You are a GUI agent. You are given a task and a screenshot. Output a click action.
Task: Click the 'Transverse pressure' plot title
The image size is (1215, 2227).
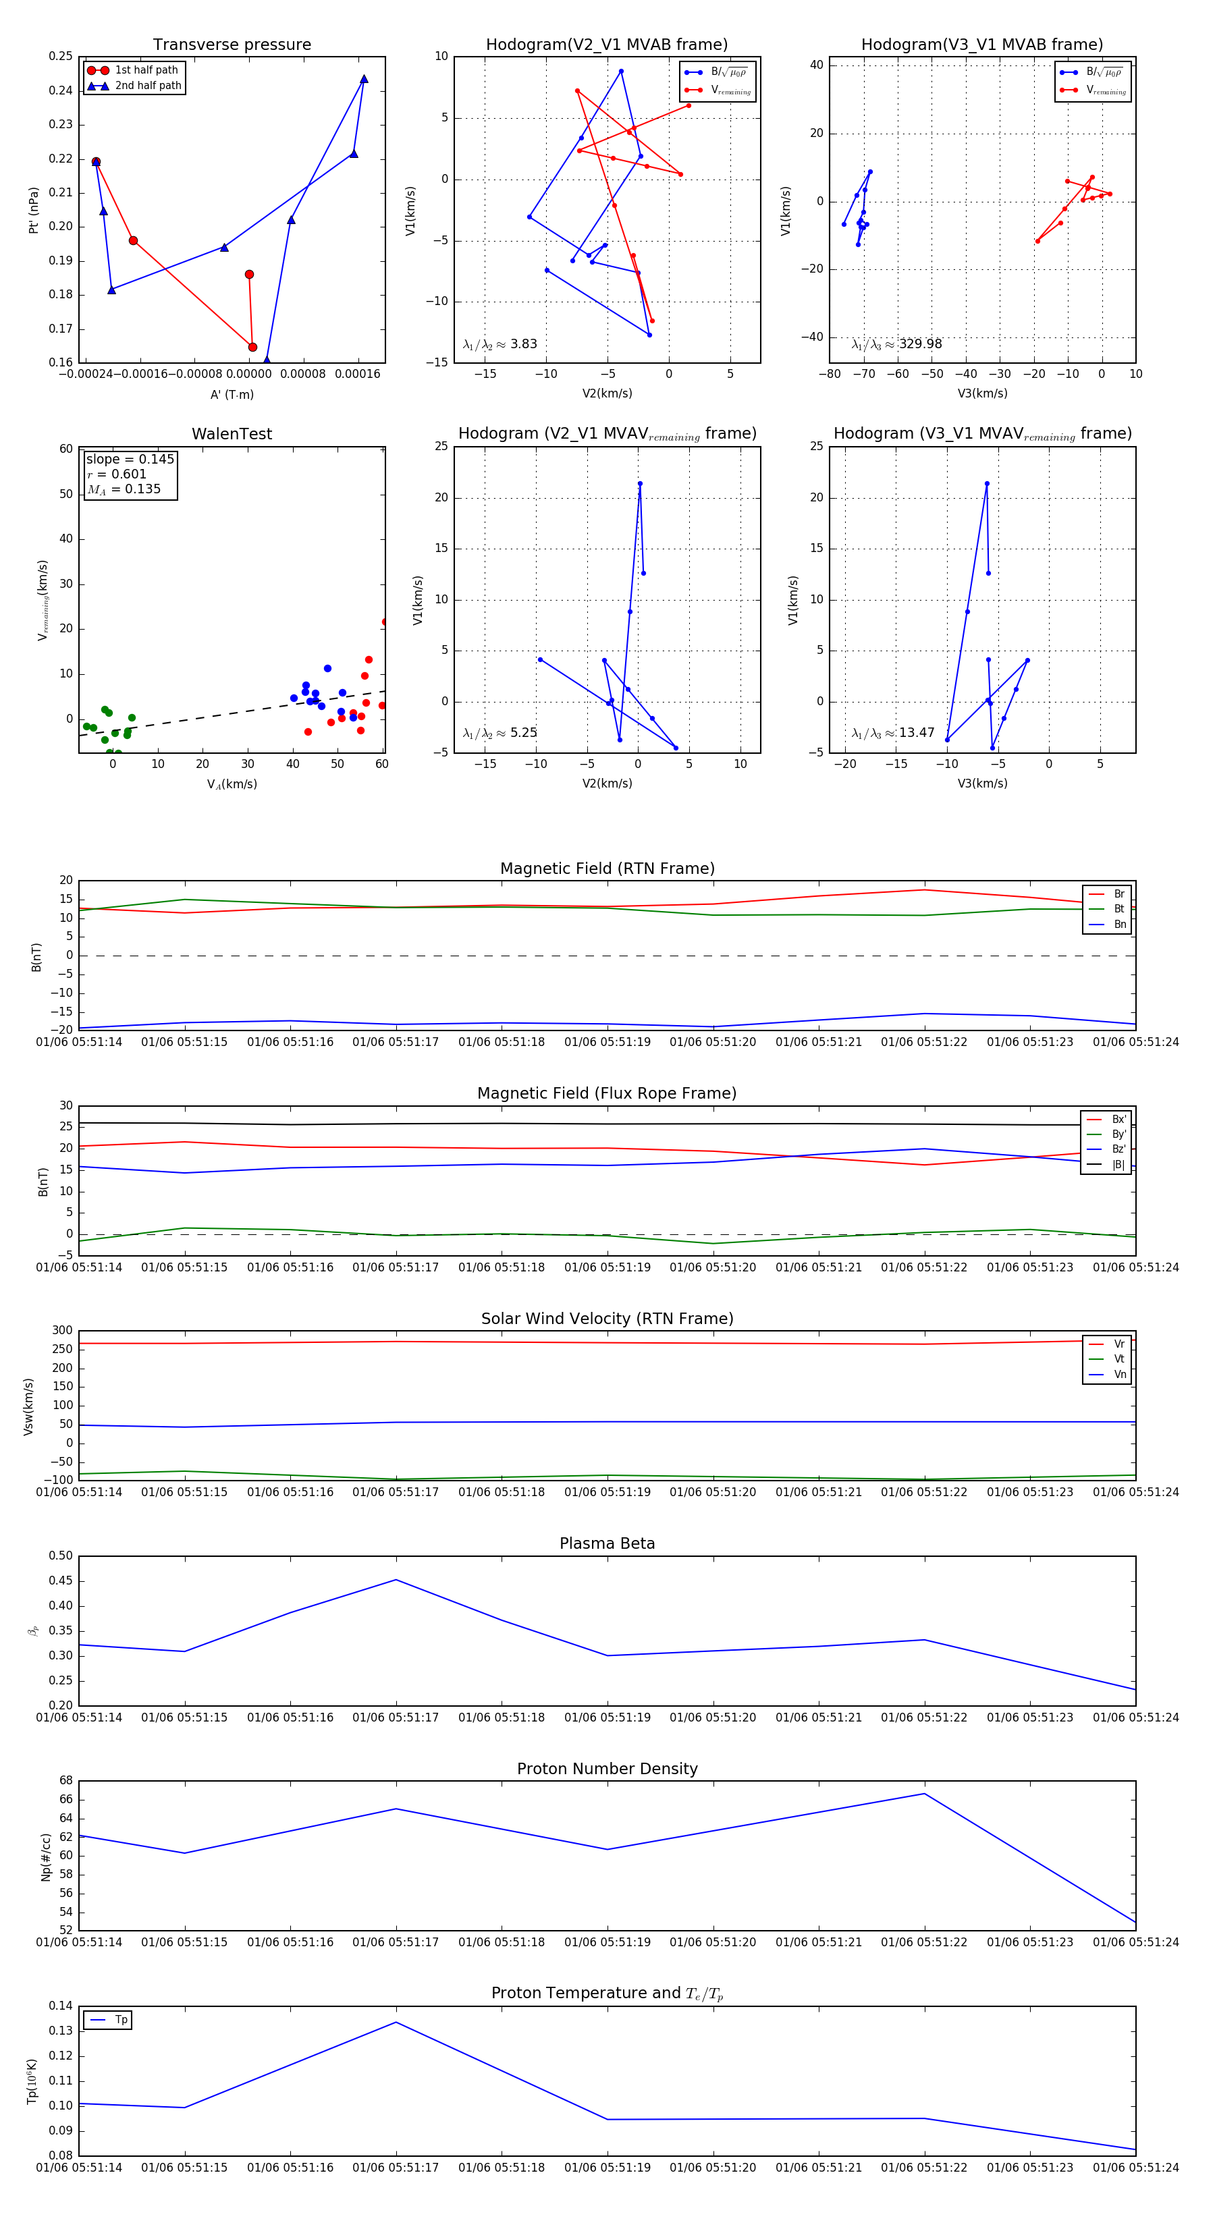coord(232,45)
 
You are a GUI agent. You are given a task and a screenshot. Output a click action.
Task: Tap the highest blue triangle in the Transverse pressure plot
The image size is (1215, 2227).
coord(364,80)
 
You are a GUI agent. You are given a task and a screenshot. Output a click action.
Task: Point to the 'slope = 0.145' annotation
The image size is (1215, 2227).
coord(130,459)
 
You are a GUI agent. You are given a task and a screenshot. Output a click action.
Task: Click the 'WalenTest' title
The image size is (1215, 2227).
coord(232,434)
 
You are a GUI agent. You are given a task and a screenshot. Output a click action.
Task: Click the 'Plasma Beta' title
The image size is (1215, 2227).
coord(607,1544)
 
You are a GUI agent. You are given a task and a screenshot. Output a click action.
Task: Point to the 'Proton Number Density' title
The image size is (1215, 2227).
coord(607,1769)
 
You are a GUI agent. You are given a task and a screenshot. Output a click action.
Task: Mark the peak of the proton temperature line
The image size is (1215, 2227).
coord(396,2022)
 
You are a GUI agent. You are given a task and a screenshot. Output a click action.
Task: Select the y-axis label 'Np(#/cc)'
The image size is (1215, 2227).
coord(46,1857)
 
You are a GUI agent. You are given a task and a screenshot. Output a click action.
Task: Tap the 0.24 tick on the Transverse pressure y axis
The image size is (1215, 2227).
coord(61,91)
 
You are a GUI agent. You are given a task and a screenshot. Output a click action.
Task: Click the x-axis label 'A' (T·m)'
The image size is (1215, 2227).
coord(232,395)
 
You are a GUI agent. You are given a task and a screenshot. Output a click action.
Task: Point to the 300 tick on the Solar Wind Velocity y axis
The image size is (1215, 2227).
coord(62,1331)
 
